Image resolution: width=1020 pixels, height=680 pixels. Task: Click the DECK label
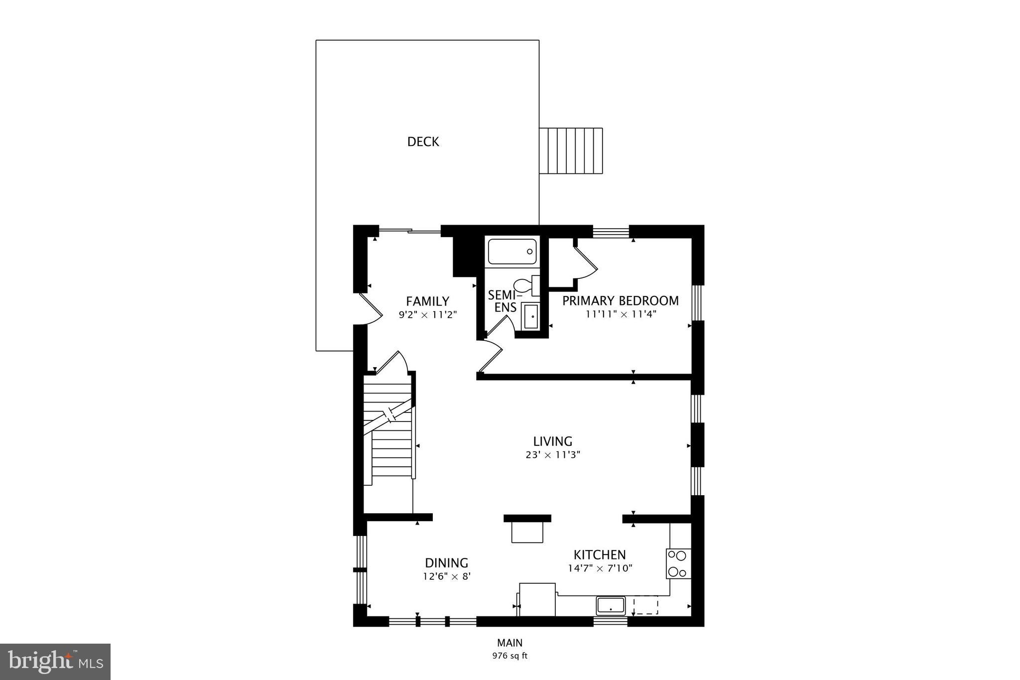coord(423,142)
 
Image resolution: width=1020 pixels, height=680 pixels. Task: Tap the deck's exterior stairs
coord(571,151)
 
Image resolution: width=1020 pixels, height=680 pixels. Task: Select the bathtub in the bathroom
coord(512,252)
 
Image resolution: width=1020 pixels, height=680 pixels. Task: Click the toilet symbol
coord(524,286)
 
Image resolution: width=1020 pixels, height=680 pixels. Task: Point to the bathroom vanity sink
coord(531,316)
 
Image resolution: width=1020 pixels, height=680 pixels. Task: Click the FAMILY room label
coord(427,301)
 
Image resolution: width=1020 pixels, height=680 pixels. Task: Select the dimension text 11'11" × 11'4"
coord(621,314)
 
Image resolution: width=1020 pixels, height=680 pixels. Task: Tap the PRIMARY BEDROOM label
coord(620,301)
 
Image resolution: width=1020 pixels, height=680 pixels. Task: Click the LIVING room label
coord(552,441)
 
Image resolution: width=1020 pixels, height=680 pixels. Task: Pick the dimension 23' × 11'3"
coord(552,455)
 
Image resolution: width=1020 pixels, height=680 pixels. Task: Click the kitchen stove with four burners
coord(678,563)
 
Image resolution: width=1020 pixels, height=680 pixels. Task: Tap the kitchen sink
coord(611,606)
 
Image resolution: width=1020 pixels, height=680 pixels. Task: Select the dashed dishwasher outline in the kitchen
coord(645,605)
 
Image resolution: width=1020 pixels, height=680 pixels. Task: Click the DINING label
coord(446,563)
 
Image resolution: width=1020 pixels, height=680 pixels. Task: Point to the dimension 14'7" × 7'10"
coord(600,568)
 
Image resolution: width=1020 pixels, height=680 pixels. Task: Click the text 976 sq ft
coord(510,656)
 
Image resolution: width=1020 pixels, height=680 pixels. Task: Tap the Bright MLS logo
coord(55,662)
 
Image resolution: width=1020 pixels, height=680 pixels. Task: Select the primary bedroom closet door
coord(586,263)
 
